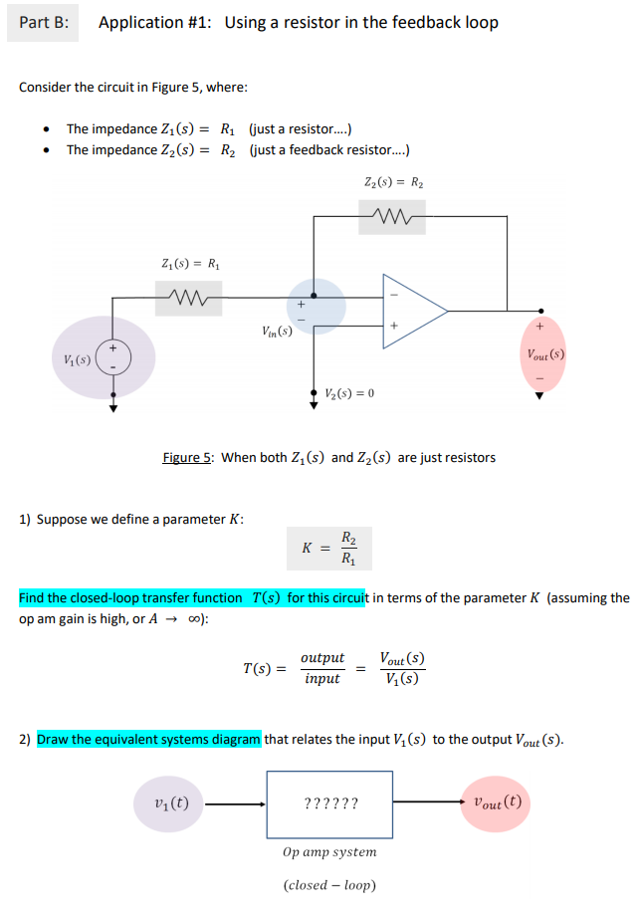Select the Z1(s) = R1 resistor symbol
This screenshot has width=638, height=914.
pos(188,294)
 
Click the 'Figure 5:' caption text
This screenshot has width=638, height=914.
pos(187,458)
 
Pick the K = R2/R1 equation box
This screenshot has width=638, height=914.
pos(329,548)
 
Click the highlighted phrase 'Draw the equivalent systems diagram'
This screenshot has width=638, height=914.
pos(149,739)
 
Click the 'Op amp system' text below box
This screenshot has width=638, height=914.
pos(329,852)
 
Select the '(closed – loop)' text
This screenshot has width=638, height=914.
pos(329,885)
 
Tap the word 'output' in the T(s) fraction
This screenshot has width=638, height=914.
pos(321,658)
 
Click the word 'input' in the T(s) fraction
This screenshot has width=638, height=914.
pos(321,679)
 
